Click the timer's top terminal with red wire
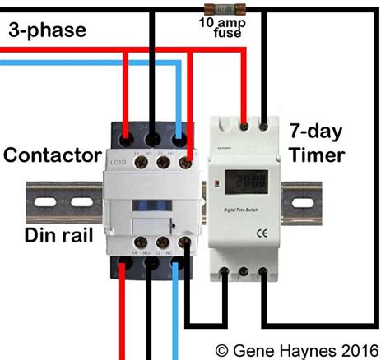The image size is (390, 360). pos(244,127)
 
